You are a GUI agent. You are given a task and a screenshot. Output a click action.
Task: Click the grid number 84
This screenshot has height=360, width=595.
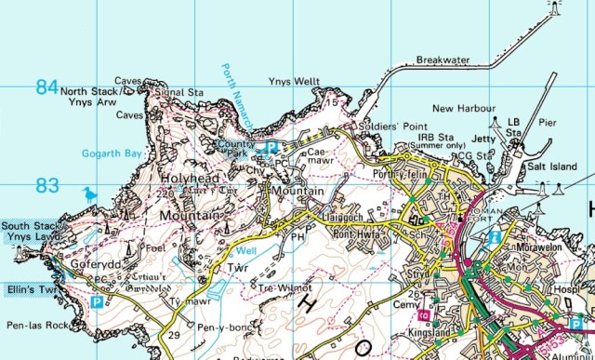(x=46, y=87)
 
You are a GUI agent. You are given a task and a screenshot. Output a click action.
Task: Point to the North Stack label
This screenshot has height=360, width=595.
(x=89, y=91)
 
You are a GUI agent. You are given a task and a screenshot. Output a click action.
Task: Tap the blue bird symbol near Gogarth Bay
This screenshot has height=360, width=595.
(x=90, y=194)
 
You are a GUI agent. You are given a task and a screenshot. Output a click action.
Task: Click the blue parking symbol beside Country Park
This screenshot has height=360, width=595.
(x=271, y=147)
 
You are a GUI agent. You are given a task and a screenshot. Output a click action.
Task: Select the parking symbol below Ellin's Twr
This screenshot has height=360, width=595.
(x=98, y=302)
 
